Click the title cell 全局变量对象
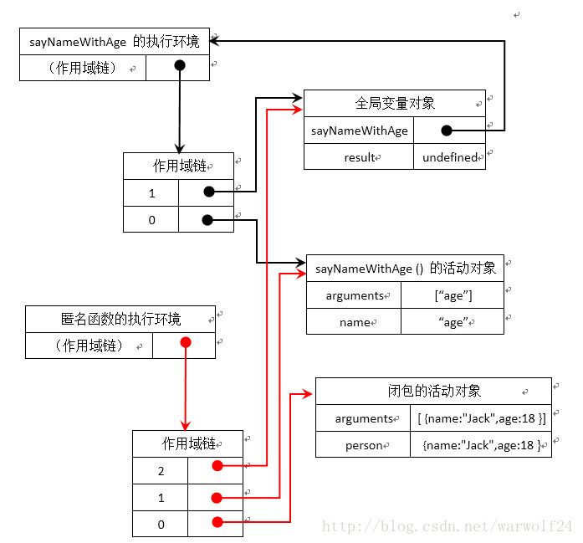pos(394,104)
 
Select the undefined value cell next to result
pos(449,157)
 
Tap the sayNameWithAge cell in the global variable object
pos(359,131)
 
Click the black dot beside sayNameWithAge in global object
pos(447,131)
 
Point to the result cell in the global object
pos(359,157)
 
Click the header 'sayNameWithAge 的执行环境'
pos(115,41)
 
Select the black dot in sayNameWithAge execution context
pos(178,67)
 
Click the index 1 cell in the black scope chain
pos(151,192)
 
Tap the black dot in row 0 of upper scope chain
pos(207,220)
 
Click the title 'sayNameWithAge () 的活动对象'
pos(406,269)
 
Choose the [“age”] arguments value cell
pos(453,295)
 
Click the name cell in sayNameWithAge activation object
pos(354,322)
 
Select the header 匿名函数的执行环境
pos(120,319)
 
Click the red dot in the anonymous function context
pos(186,344)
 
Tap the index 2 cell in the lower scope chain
pos(160,470)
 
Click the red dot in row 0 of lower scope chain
pos(217,523)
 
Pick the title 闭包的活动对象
pos(433,391)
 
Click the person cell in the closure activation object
pos(363,445)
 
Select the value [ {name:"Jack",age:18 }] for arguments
pos(481,418)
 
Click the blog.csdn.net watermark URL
pos(447,527)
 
